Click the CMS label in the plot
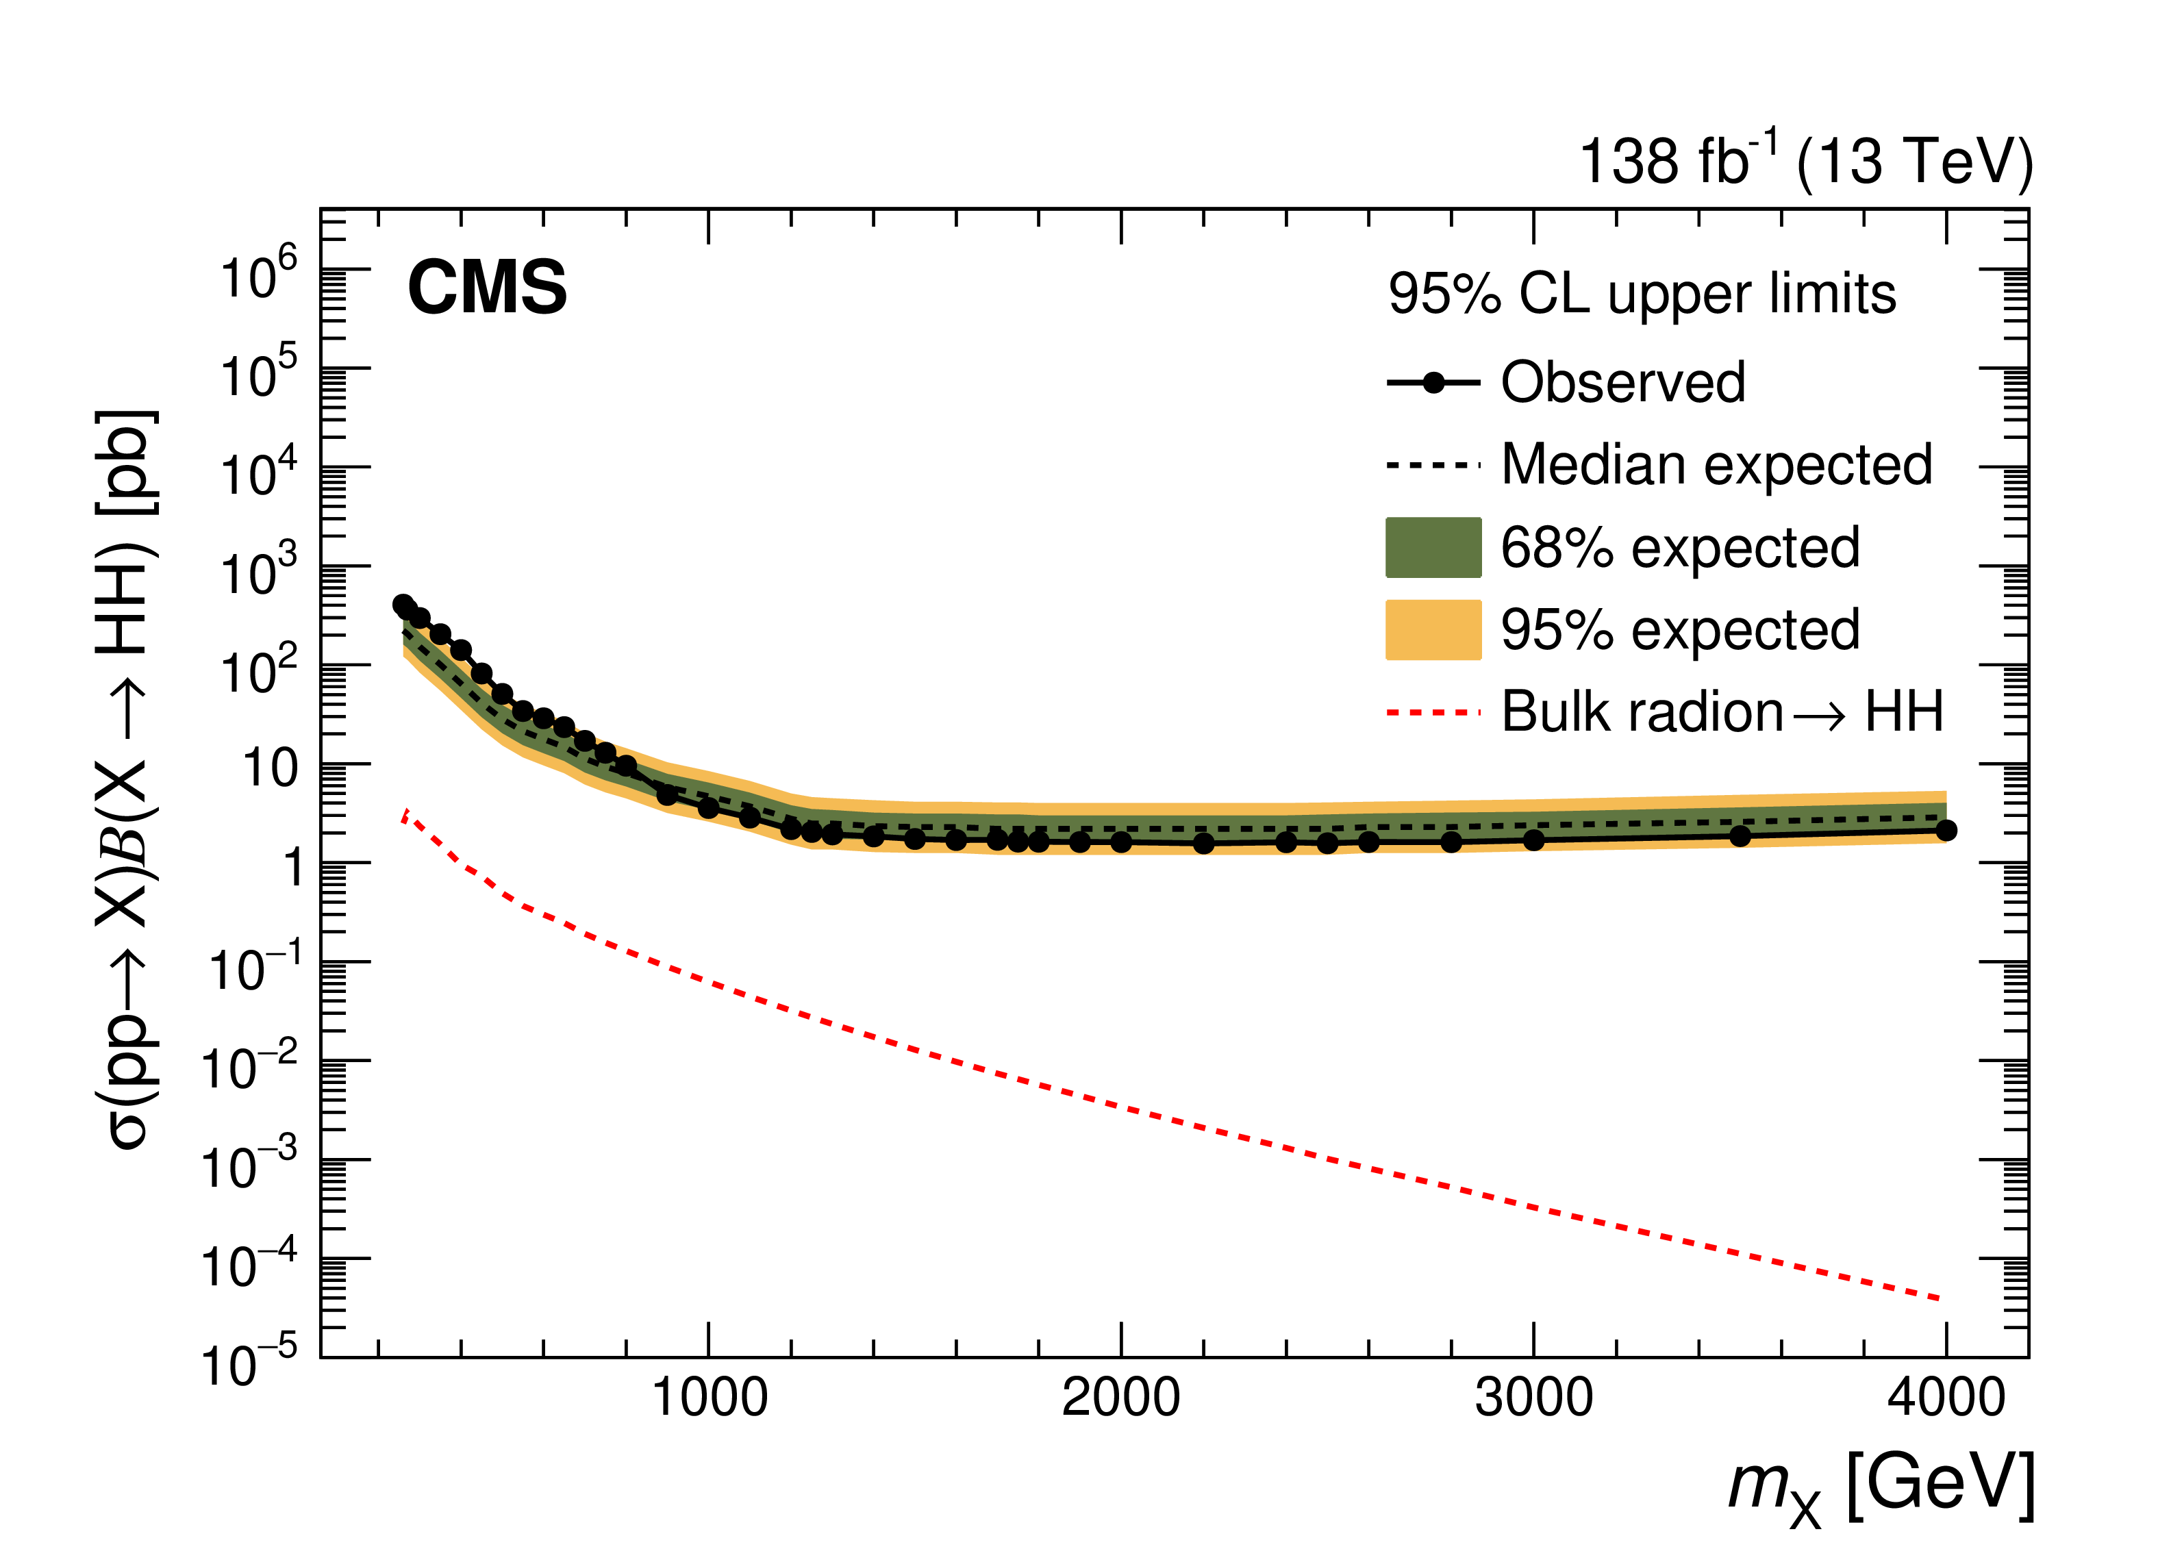click(486, 288)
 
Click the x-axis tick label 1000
click(709, 1398)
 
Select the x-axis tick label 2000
click(1121, 1398)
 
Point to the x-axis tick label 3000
click(1534, 1398)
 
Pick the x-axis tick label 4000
click(1946, 1398)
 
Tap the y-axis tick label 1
click(292, 868)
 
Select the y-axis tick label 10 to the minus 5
click(249, 1363)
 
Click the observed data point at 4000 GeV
click(1946, 831)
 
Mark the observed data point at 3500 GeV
click(1740, 836)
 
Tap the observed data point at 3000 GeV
click(1534, 840)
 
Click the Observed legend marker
click(1433, 383)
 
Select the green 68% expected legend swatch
click(1433, 548)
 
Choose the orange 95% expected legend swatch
click(1433, 630)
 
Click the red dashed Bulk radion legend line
click(1433, 711)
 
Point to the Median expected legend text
click(1716, 465)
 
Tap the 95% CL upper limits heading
click(1642, 293)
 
